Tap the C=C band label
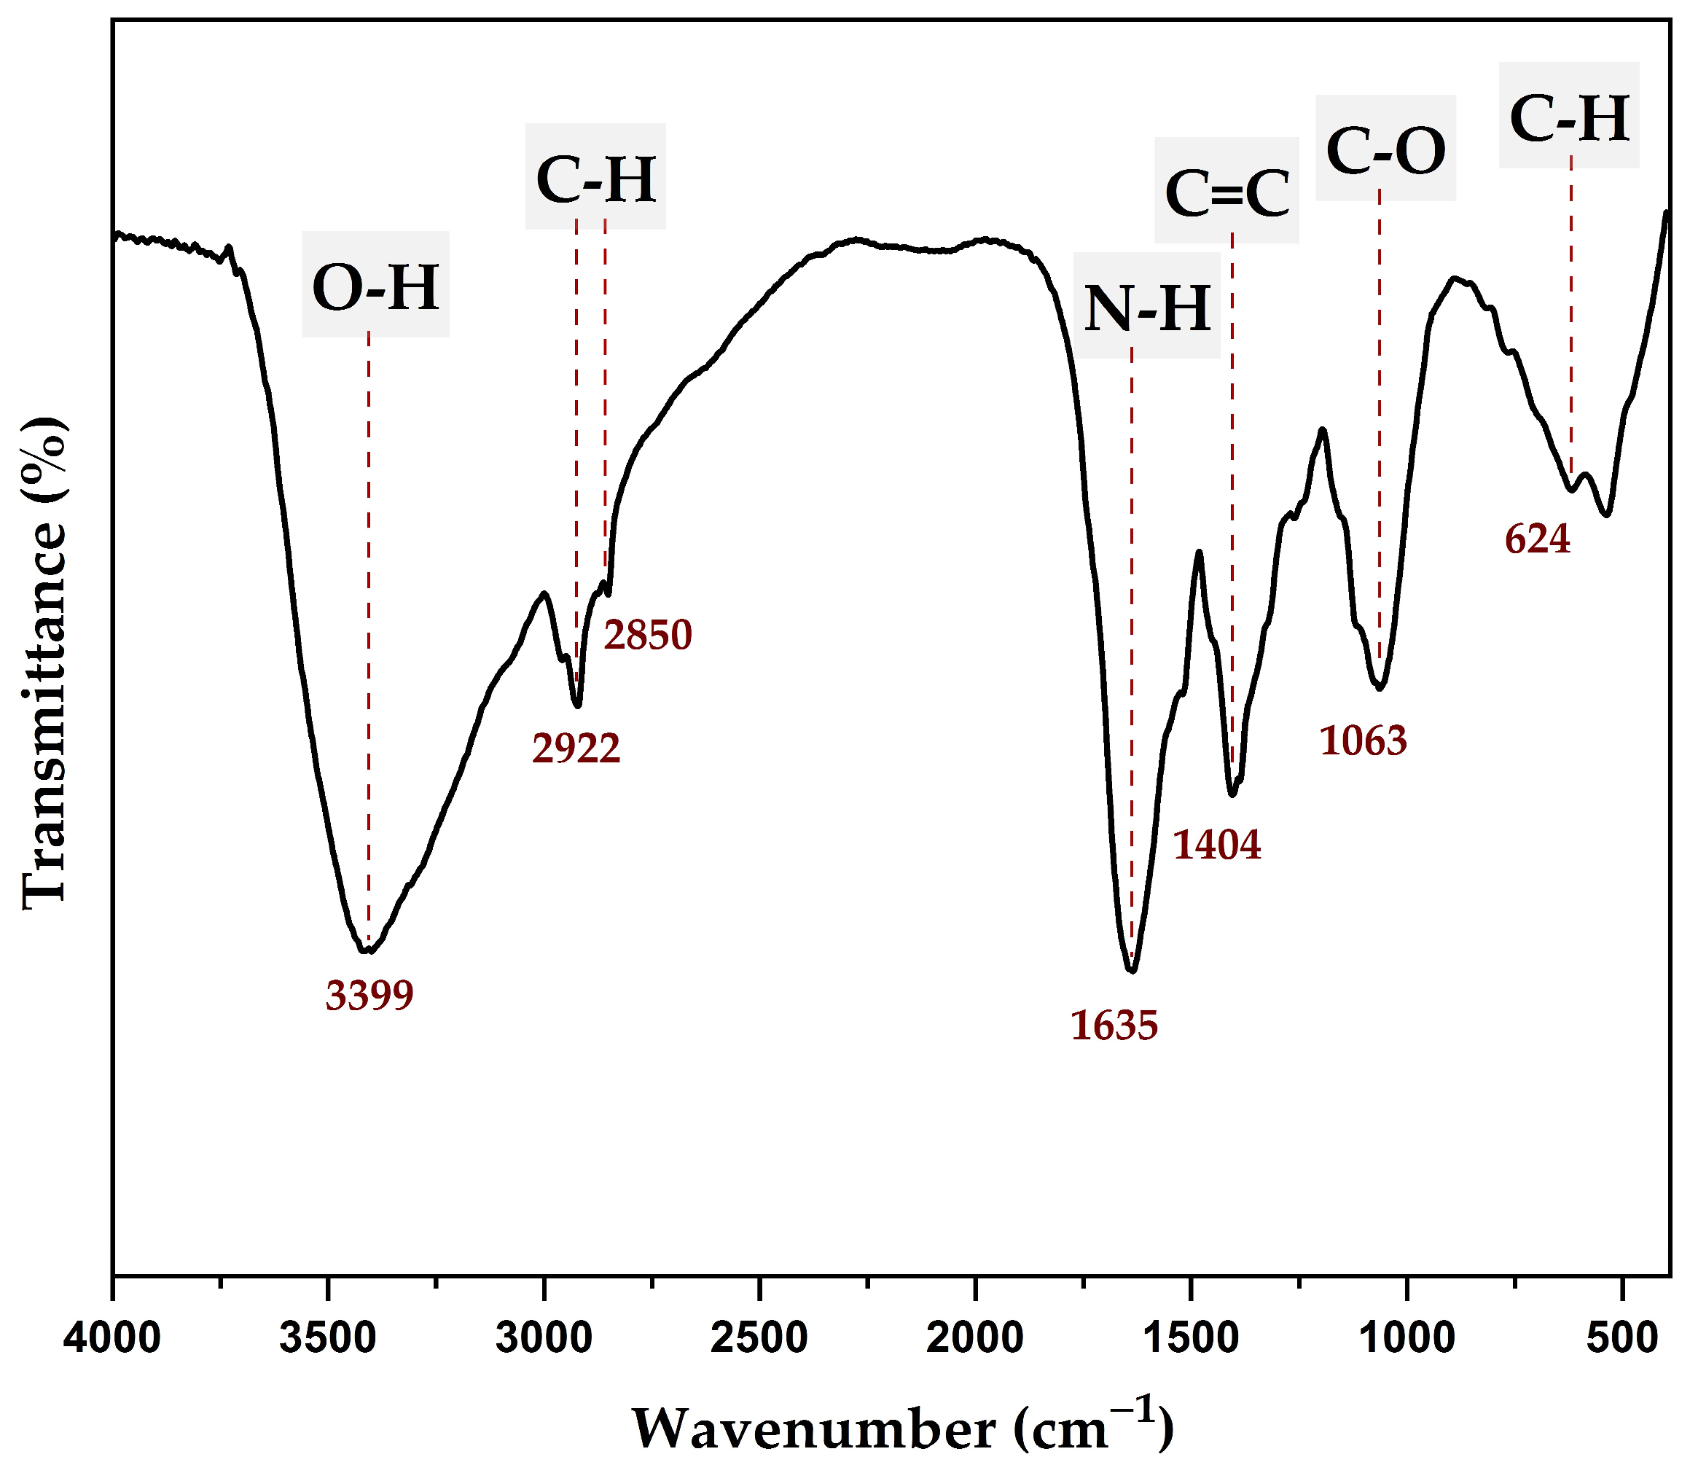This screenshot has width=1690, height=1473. (x=1227, y=194)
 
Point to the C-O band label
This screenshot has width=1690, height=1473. (x=1386, y=152)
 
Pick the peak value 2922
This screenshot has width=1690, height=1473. (x=576, y=749)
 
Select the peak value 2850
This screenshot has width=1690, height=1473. (x=648, y=636)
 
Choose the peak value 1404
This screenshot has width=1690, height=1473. (x=1216, y=844)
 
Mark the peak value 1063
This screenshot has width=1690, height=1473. (x=1363, y=741)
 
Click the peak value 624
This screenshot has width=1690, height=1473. (x=1537, y=540)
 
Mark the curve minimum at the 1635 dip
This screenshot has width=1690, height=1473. (x=1132, y=971)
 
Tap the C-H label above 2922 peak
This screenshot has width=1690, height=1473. (x=596, y=179)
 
